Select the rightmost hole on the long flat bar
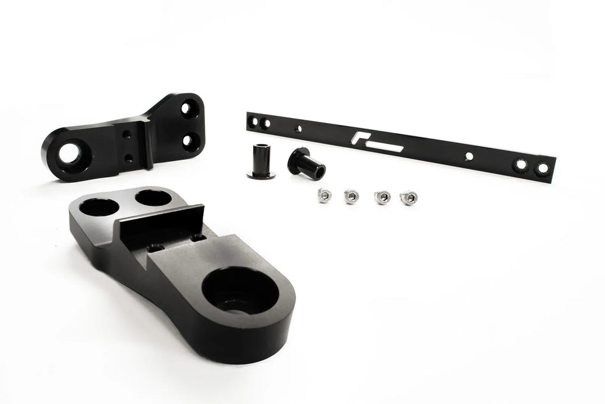[x=542, y=169]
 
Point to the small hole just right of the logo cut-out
[x=469, y=155]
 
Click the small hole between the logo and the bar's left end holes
[x=297, y=128]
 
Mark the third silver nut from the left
[x=381, y=197]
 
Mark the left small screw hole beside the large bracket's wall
[x=155, y=247]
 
